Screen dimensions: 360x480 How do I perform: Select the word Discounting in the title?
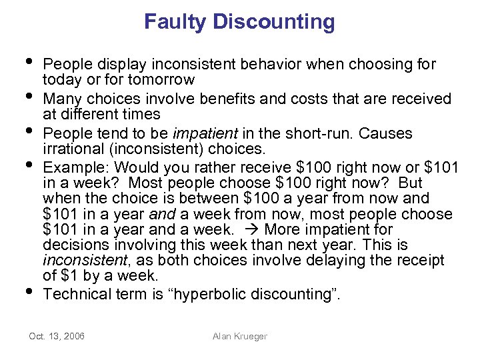pos(274,22)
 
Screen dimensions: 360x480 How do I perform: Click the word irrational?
pos(73,149)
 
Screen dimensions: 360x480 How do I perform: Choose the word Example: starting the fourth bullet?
pos(73,166)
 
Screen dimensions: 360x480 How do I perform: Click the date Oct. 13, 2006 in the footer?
pos(56,336)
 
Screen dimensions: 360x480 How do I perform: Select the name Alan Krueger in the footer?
pos(239,336)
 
